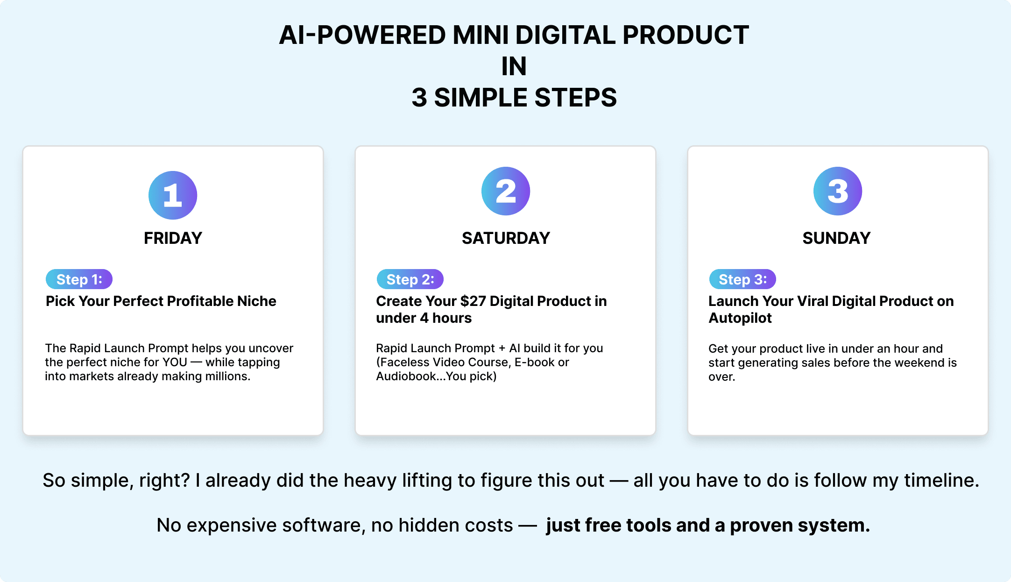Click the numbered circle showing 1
[x=173, y=195]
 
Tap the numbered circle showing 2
[x=506, y=191]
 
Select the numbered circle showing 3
[x=838, y=191]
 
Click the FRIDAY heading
[x=173, y=238]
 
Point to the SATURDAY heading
[x=506, y=238]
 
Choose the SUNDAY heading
[x=836, y=238]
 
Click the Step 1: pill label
[x=79, y=279]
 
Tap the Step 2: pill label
[x=410, y=279]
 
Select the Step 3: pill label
[x=742, y=279]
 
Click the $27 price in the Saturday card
[x=473, y=301]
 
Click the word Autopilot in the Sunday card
[x=740, y=318]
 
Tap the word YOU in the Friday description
[x=175, y=362]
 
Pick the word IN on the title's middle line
[x=514, y=66]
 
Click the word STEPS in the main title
[x=575, y=98]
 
